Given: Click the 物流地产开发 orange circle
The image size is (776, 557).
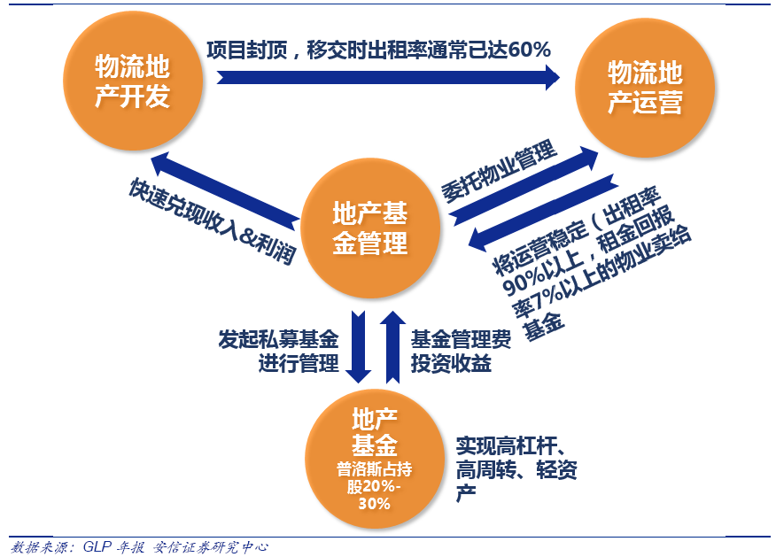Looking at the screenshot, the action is pos(133,81).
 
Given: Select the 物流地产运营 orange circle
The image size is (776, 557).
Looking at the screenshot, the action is pos(645,88).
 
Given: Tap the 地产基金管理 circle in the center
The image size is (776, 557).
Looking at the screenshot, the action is pos(370,228).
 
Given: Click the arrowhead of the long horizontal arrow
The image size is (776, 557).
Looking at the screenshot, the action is pos(552,78).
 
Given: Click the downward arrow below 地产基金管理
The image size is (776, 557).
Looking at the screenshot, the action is pos(358,347).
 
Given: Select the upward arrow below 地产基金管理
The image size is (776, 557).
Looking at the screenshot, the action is pos(393,347).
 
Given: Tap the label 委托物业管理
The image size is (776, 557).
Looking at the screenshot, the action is pos(499,171).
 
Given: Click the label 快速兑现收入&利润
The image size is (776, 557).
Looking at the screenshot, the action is pos(213,220).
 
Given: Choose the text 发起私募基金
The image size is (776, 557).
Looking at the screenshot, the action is pos(279,339).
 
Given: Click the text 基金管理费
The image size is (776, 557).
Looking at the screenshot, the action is pos(461,339).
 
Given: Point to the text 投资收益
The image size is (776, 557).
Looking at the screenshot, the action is pos(451,364).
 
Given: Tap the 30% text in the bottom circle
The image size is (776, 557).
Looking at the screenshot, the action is pos(374,504).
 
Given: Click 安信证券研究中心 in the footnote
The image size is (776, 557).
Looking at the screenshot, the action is pos(210,546).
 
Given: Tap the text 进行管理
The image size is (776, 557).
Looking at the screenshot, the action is pos(299,364).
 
